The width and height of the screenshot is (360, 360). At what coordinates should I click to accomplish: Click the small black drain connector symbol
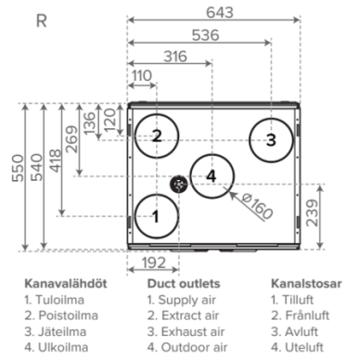(179, 185)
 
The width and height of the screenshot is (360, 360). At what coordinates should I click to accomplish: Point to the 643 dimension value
(220, 13)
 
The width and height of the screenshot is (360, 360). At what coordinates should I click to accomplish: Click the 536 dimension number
(205, 35)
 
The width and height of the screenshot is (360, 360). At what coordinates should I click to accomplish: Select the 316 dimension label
(175, 57)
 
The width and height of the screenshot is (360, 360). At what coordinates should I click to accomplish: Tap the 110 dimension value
(142, 76)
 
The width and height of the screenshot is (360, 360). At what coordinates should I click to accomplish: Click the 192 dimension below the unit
(154, 264)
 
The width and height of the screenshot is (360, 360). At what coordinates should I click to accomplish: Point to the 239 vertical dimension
(312, 212)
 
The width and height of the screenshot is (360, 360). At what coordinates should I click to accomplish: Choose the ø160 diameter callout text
(257, 206)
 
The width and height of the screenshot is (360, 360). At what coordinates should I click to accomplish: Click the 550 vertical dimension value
(18, 168)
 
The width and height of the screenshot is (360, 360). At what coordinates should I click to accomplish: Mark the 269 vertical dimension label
(72, 139)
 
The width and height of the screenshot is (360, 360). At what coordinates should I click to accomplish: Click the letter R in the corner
(42, 21)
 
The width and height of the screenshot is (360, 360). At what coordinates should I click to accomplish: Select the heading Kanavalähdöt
(66, 284)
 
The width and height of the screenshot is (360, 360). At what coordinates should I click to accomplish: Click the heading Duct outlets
(184, 284)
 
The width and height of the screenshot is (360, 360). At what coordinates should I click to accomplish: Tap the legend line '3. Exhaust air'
(186, 331)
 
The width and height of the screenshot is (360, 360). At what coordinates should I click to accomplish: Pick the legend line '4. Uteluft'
(297, 347)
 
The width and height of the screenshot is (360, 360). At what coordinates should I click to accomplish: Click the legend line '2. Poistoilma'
(61, 315)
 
